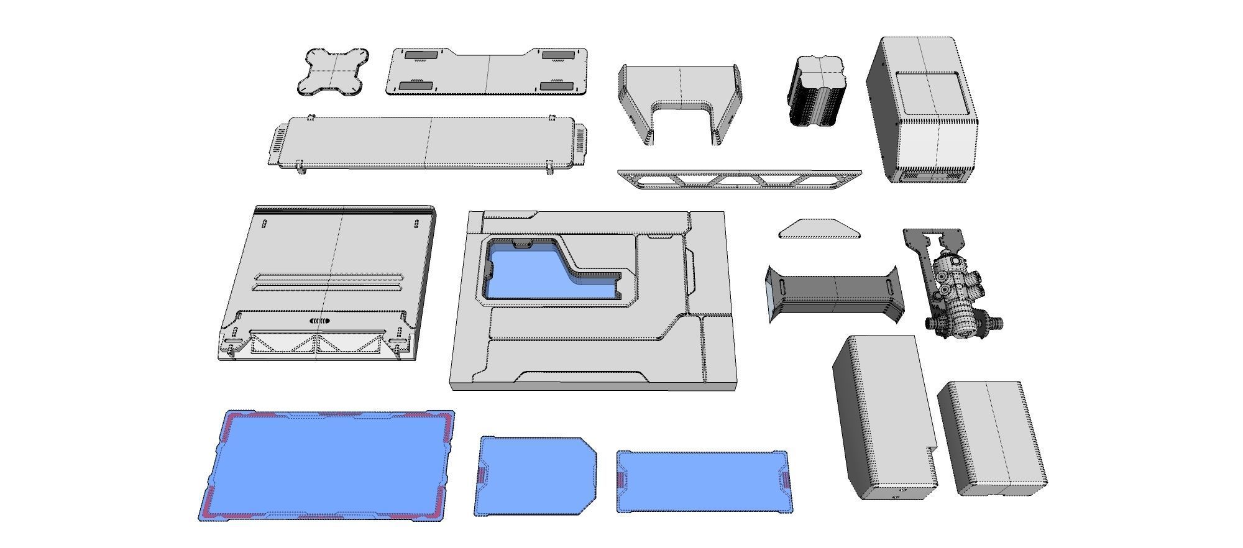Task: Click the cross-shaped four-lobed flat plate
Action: click(x=334, y=72)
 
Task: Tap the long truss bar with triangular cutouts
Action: click(x=740, y=179)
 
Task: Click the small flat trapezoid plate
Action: click(x=820, y=229)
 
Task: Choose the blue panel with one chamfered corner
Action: click(x=534, y=475)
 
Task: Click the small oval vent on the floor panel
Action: click(x=319, y=321)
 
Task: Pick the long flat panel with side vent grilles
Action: click(x=428, y=142)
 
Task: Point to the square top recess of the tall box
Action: click(x=931, y=92)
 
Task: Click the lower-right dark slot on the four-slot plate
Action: click(x=557, y=86)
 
